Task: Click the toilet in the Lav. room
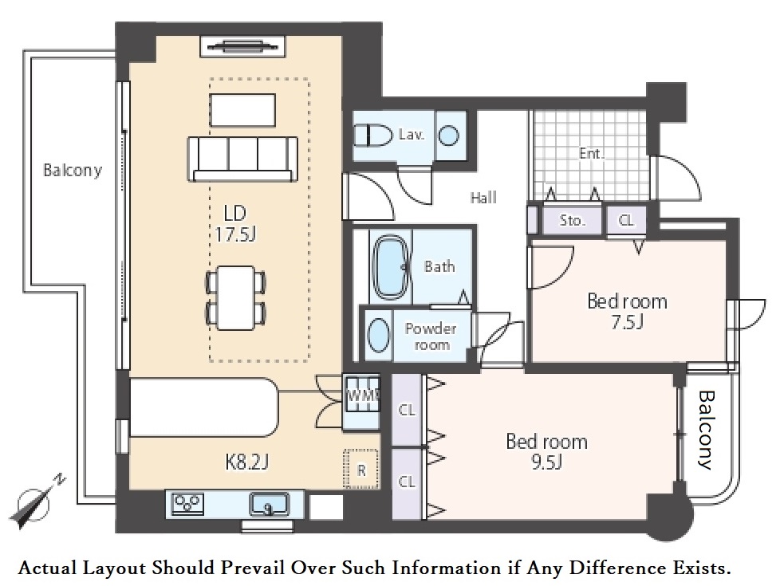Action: click(x=373, y=135)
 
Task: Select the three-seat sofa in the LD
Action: click(x=242, y=159)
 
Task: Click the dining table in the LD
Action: click(x=236, y=297)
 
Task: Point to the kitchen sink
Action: click(x=269, y=505)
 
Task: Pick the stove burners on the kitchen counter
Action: click(x=187, y=503)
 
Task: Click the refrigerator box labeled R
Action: click(x=361, y=469)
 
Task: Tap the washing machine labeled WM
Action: click(x=361, y=395)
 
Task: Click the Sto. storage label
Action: click(x=572, y=220)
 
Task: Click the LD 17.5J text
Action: click(x=235, y=223)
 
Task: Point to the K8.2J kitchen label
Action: click(x=246, y=462)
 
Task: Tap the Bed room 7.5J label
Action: click(x=628, y=312)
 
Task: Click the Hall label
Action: click(x=483, y=198)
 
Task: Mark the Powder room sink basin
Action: click(x=379, y=335)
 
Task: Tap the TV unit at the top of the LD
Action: click(x=242, y=47)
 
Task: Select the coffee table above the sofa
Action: click(x=242, y=110)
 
